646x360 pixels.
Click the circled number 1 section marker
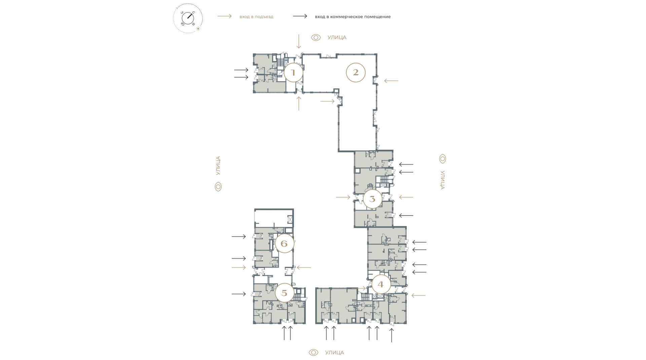click(x=293, y=72)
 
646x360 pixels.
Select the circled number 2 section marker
click(x=356, y=72)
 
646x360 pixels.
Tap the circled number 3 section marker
click(x=372, y=199)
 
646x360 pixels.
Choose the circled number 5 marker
click(x=284, y=293)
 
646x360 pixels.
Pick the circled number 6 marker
click(x=284, y=244)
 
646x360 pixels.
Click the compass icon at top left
click(x=188, y=18)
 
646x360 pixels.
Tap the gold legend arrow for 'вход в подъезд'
click(x=224, y=16)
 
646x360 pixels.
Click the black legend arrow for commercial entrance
click(x=300, y=16)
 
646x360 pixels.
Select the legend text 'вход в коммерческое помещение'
click(x=353, y=16)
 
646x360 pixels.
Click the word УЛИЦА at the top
click(x=337, y=37)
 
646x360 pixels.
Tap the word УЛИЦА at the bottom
click(x=334, y=353)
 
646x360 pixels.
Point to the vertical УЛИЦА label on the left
click(x=218, y=166)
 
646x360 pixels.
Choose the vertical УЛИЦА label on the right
click(x=442, y=180)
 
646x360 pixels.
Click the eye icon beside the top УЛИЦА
click(x=316, y=37)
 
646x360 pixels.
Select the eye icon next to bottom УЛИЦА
click(x=313, y=353)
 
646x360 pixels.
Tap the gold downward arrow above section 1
click(x=298, y=41)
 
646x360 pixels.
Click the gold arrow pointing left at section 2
click(x=391, y=81)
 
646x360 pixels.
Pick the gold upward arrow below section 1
click(x=298, y=104)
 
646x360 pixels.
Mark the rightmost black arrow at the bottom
click(x=392, y=335)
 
